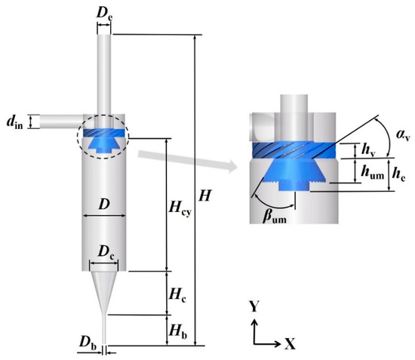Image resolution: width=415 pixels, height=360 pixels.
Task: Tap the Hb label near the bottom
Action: [174, 331]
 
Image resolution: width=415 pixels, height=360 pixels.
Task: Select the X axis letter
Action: [290, 343]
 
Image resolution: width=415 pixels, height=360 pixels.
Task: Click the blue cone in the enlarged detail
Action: [295, 171]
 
